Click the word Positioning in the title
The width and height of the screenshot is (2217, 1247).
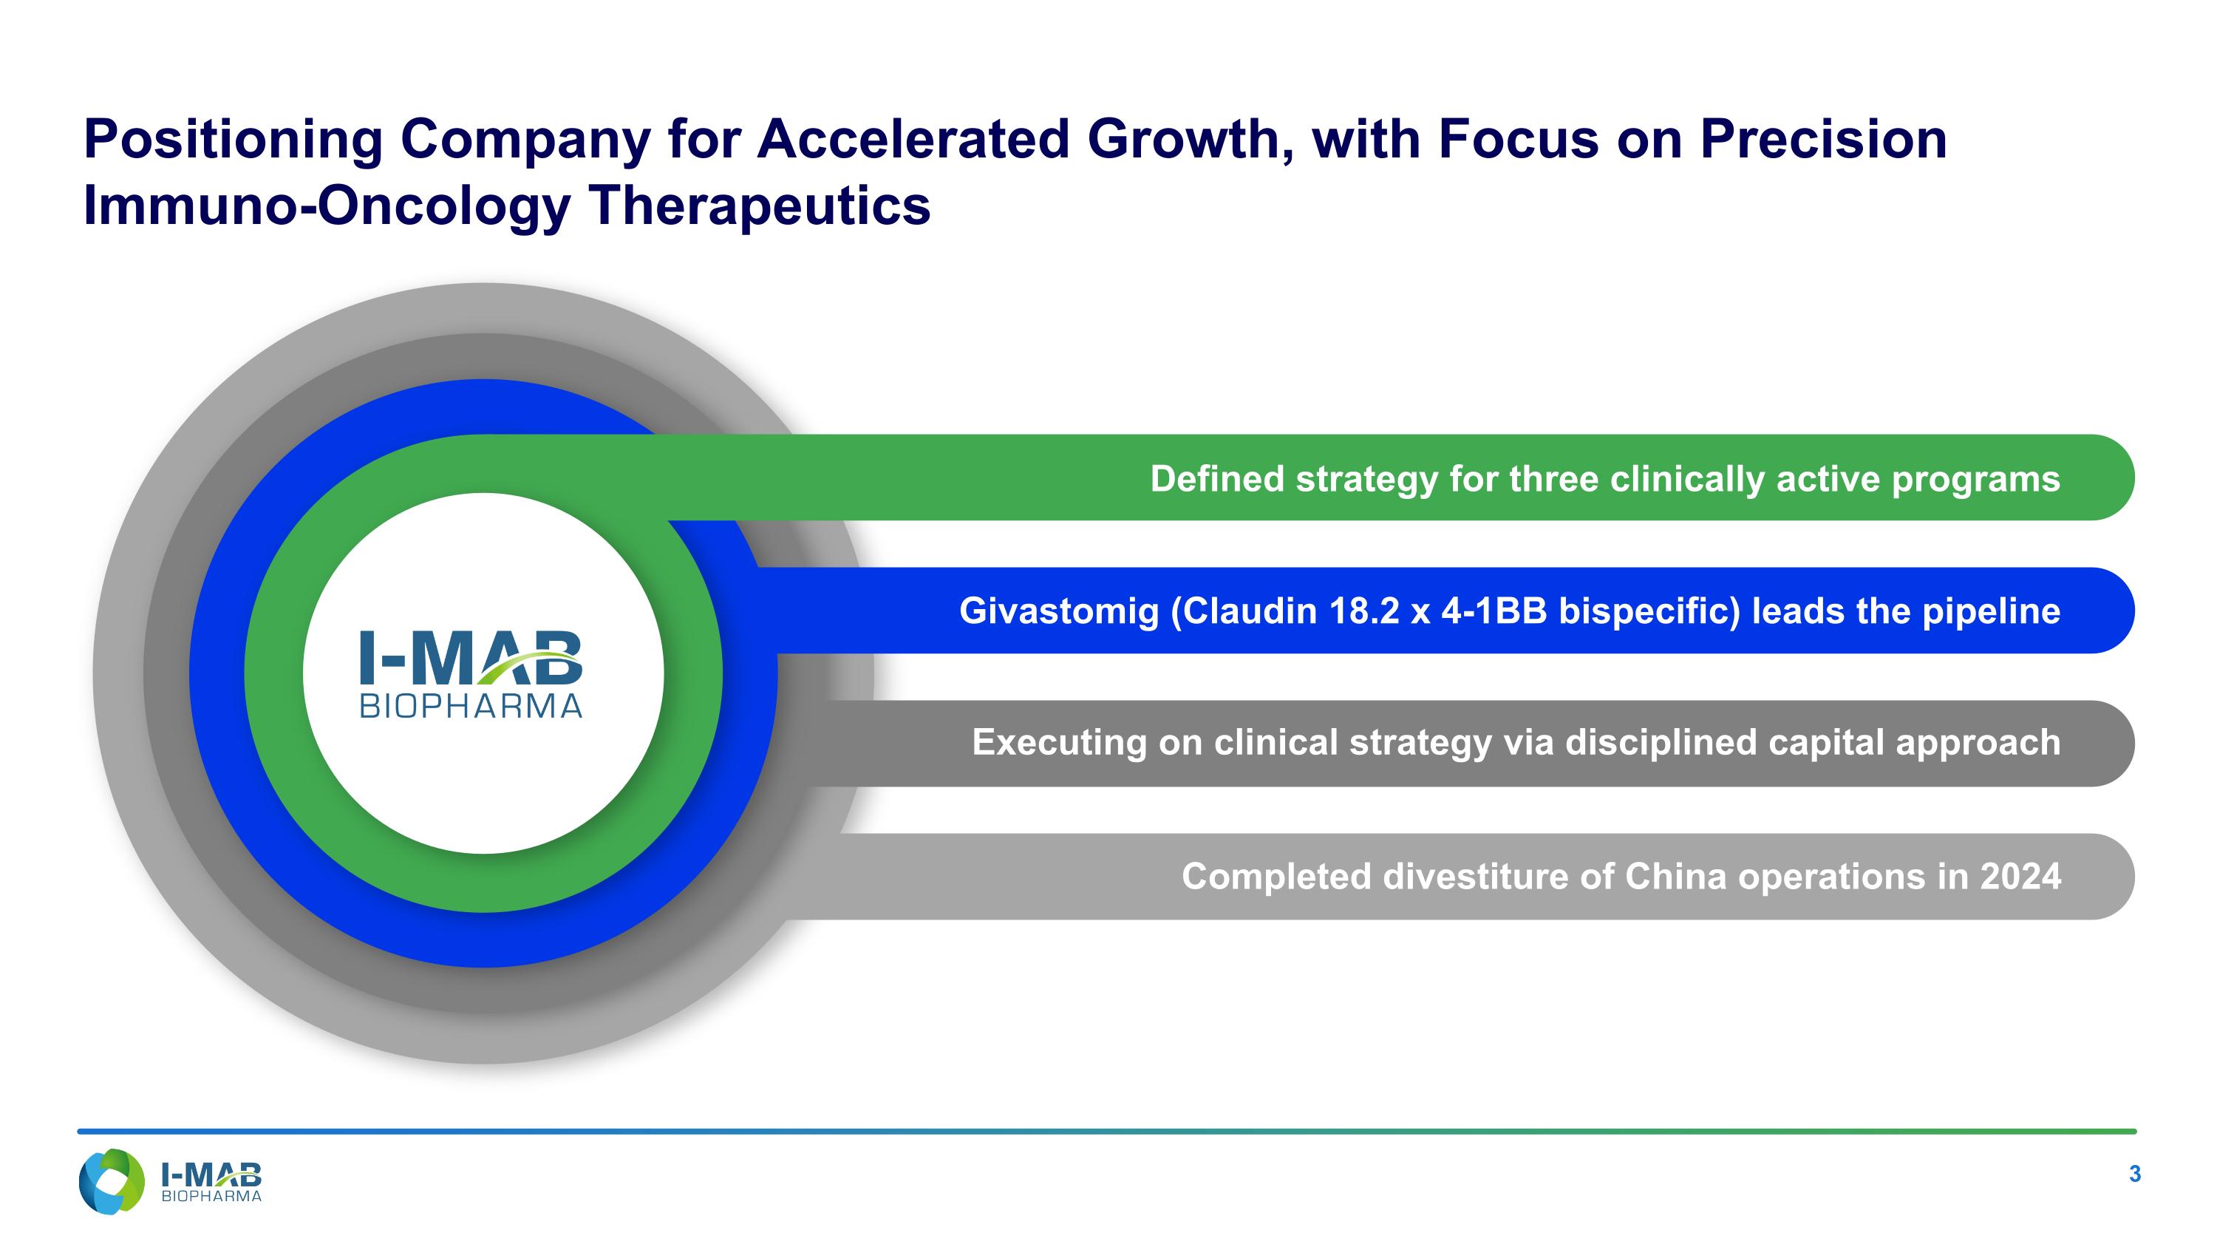(x=232, y=140)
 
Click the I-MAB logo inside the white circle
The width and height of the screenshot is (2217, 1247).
(x=470, y=659)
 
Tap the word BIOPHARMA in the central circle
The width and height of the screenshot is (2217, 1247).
(x=471, y=707)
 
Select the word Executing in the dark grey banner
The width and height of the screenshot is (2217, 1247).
(x=1058, y=743)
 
